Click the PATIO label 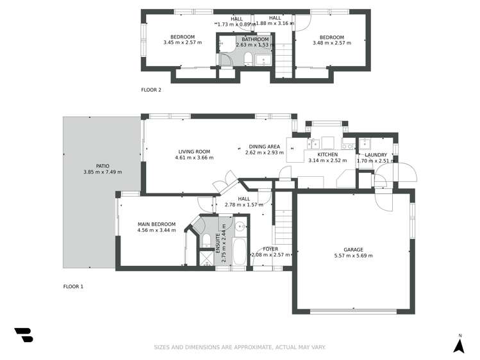coord(103,166)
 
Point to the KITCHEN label coord(327,155)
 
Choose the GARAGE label coord(353,249)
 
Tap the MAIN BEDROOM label coord(156,224)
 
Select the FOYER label coord(270,249)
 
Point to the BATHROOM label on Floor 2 coord(252,39)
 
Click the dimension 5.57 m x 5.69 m coord(353,256)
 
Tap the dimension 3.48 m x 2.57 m coord(332,43)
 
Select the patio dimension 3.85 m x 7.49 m coord(103,172)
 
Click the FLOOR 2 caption coord(151,90)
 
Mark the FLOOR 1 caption coord(73,286)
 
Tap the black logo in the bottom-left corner coord(23,334)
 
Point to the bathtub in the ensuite coord(240,252)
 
